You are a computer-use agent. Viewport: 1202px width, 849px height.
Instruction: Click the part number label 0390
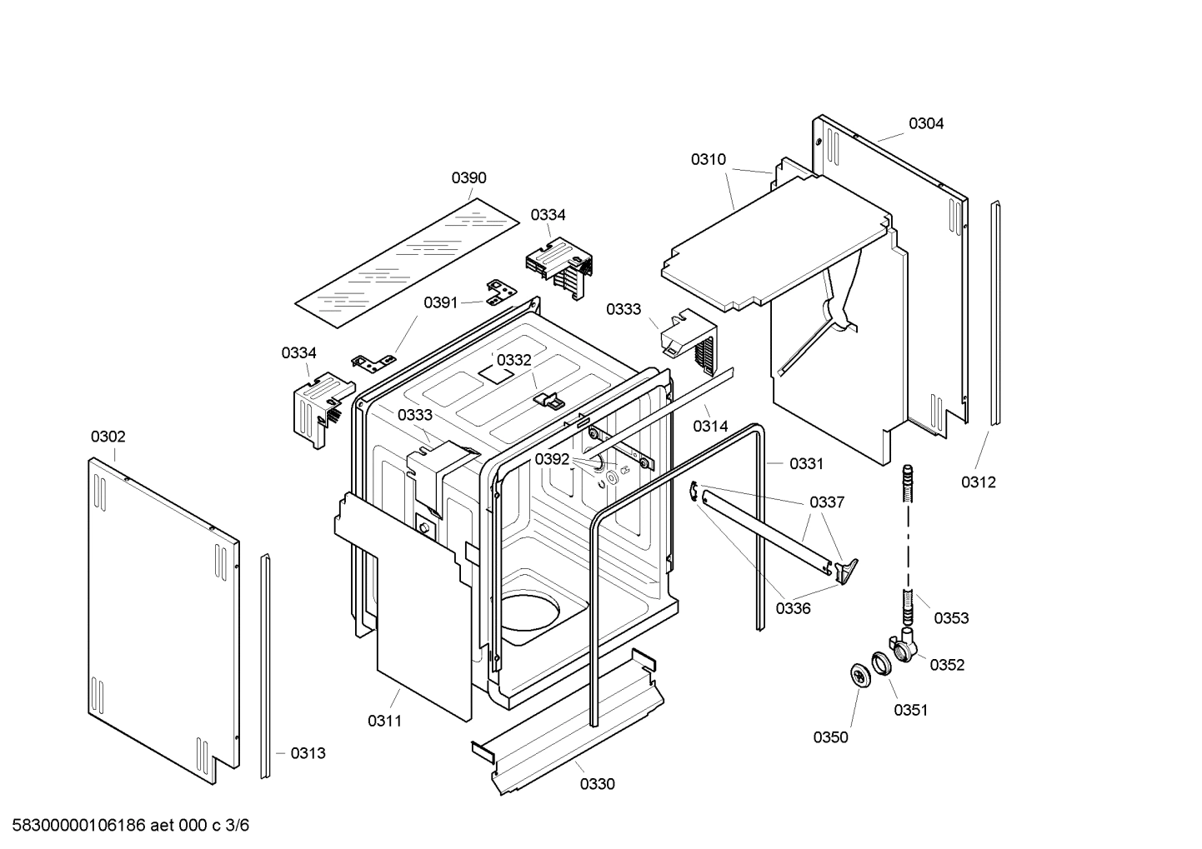coord(468,177)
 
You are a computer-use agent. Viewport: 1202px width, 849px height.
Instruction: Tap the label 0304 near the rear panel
coord(925,123)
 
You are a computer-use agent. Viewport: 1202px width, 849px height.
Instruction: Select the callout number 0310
coord(708,159)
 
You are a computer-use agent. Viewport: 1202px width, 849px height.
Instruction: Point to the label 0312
coord(978,482)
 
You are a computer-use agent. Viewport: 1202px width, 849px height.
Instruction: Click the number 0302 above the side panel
coord(108,437)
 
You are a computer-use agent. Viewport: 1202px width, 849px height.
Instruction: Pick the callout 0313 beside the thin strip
coord(308,753)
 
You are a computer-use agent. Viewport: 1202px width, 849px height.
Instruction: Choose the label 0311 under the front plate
coord(384,721)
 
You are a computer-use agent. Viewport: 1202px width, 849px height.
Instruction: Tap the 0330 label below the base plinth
coord(597,784)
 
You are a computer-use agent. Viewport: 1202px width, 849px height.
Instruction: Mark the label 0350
coord(830,737)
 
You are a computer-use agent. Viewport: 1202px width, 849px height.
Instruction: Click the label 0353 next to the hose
coord(951,617)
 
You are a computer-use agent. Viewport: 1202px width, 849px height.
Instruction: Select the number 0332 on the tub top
coord(513,360)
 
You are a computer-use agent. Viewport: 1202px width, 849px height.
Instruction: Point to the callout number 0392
coord(552,459)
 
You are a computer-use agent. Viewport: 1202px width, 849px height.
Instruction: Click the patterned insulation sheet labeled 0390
coord(406,260)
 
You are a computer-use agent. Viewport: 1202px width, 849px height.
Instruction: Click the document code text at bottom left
coord(125,825)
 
